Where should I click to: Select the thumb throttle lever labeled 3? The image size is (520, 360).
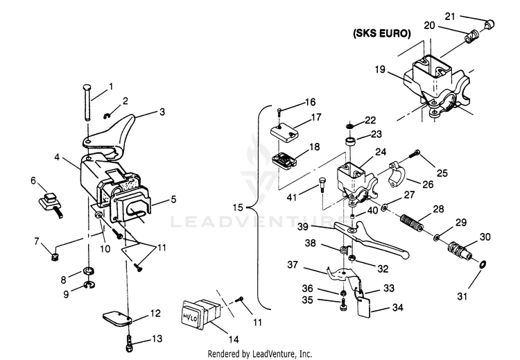coord(121,132)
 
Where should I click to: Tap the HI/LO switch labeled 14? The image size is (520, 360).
coord(199,314)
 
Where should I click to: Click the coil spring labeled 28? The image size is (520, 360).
coord(413,223)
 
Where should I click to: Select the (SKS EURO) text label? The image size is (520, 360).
coord(381,33)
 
